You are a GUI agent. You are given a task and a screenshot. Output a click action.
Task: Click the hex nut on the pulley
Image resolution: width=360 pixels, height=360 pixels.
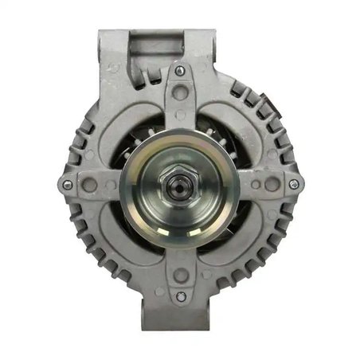[180, 186]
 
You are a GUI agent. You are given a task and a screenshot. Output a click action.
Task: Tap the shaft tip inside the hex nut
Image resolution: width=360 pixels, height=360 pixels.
[180, 186]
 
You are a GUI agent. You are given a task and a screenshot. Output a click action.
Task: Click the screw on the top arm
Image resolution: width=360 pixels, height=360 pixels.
[181, 72]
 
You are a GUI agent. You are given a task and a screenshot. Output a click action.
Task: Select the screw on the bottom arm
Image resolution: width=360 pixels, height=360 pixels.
[181, 297]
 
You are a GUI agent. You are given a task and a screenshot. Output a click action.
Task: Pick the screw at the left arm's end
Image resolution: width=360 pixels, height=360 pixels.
[67, 185]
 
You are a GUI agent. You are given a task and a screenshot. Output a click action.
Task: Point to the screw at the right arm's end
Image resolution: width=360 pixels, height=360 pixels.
[293, 185]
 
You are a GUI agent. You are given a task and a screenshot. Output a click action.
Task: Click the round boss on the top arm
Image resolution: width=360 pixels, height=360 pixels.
[181, 92]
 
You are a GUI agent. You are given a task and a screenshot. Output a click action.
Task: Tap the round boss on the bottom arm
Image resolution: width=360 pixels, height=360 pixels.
[181, 276]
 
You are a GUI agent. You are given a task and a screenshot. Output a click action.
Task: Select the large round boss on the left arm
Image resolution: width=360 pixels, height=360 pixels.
[89, 185]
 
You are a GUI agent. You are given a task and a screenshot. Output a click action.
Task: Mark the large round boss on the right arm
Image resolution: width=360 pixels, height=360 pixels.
[272, 185]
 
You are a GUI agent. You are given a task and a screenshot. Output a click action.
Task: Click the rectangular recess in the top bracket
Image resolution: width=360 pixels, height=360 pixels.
[151, 41]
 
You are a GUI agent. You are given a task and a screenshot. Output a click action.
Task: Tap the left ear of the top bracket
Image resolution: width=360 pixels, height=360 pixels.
[112, 48]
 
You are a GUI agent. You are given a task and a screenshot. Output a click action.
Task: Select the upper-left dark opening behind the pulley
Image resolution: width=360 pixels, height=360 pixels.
[143, 127]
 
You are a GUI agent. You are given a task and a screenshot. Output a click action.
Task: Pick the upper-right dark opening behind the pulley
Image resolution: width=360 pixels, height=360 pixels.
[217, 127]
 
